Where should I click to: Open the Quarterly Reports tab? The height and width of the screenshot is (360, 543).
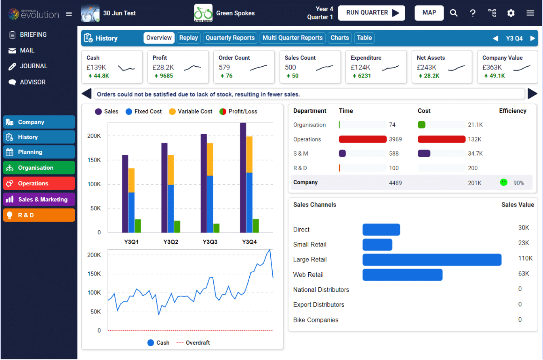point(230,38)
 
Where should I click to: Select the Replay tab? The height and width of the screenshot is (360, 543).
point(189,38)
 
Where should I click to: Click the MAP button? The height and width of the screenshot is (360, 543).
point(429,13)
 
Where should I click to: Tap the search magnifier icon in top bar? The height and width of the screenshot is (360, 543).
point(454,13)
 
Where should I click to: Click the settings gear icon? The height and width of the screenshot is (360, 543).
point(511,13)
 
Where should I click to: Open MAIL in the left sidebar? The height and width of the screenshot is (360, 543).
point(27,51)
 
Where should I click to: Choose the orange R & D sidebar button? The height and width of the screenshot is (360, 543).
point(39,215)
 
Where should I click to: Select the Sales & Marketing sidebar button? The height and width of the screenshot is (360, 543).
point(39,200)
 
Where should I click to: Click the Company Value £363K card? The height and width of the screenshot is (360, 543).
point(507,67)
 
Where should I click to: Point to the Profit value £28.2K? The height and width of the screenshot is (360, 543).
point(163,67)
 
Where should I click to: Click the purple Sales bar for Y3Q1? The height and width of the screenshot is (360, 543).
point(125,194)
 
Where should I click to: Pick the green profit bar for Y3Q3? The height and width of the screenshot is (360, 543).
point(217,228)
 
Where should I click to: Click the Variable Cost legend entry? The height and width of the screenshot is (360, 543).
point(190,112)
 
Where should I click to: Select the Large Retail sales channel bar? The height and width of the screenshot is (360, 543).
point(431,260)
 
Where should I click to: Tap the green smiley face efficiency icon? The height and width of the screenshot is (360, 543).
point(503,183)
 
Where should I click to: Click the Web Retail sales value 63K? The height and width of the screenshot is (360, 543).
point(523,274)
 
